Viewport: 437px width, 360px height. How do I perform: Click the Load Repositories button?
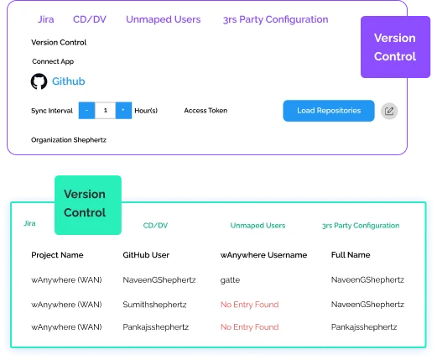pos(329,111)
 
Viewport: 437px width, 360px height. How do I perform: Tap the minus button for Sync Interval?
pos(86,111)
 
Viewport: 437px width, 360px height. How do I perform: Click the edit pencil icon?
pos(389,111)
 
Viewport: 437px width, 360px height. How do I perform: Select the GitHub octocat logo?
pos(39,81)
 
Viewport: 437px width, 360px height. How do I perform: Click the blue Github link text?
pos(69,81)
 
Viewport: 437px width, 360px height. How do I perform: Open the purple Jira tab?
pos(46,19)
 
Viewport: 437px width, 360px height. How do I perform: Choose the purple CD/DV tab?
pos(90,19)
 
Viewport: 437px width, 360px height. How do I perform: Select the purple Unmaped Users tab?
pos(164,19)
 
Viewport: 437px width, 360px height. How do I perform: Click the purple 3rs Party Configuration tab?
pos(275,19)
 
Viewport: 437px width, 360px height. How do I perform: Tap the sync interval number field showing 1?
pos(106,111)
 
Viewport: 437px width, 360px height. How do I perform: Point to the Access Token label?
pos(205,111)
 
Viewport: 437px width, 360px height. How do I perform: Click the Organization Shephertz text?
pos(69,140)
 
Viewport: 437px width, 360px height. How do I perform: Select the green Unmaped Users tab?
pos(258,226)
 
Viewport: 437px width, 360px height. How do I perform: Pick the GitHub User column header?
pos(146,255)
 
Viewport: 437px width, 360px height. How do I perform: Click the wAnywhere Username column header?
pos(263,255)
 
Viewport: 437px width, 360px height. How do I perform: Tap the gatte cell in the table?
pos(230,280)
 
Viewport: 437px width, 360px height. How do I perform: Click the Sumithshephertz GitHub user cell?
pos(154,305)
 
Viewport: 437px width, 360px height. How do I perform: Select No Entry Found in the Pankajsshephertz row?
pos(250,327)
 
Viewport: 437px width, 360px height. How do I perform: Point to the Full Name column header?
pos(351,255)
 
